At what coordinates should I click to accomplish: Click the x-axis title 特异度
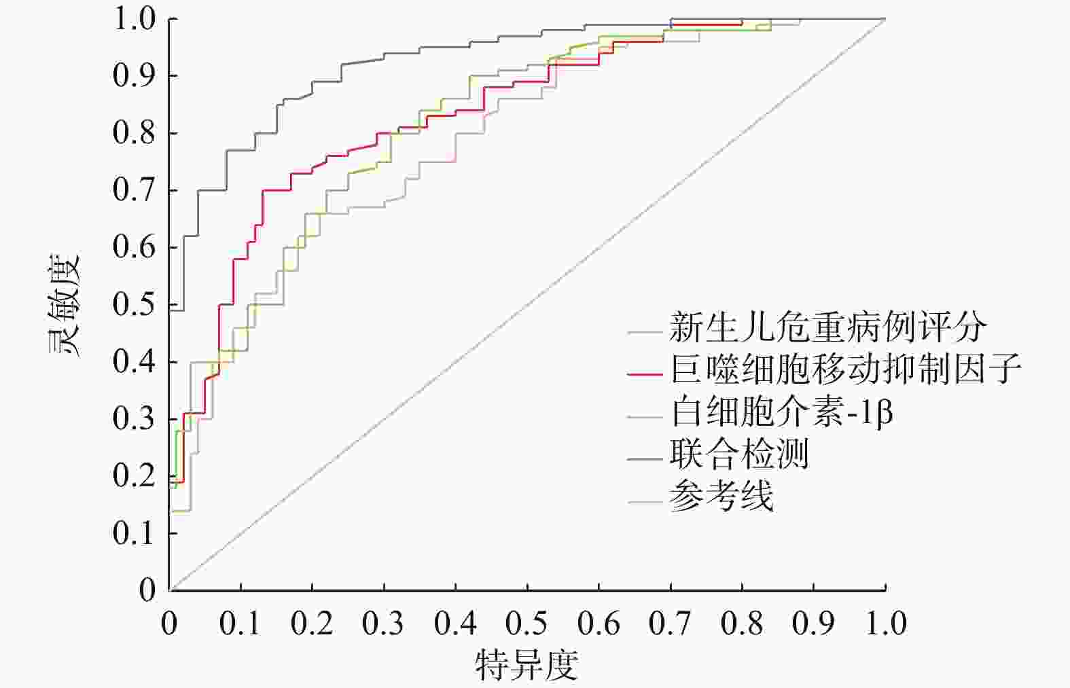coord(527,665)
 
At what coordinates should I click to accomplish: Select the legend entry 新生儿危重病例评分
coord(827,329)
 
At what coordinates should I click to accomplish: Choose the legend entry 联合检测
coord(738,454)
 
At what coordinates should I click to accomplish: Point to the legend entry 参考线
coord(721,496)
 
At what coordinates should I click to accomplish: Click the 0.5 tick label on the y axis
coord(135,304)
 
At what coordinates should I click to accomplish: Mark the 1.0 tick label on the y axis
coord(135,19)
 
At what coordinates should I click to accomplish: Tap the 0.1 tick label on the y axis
coord(135,533)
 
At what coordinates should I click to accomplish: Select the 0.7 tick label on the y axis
coord(135,190)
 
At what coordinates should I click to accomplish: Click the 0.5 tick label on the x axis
coord(527,623)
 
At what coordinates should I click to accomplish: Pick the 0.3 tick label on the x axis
coord(384,623)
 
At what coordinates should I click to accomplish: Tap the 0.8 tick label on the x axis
coord(742,623)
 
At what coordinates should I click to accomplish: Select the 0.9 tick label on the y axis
coord(135,75)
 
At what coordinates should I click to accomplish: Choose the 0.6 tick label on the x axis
coord(599,623)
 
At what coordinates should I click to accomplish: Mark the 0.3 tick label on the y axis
coord(135,418)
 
